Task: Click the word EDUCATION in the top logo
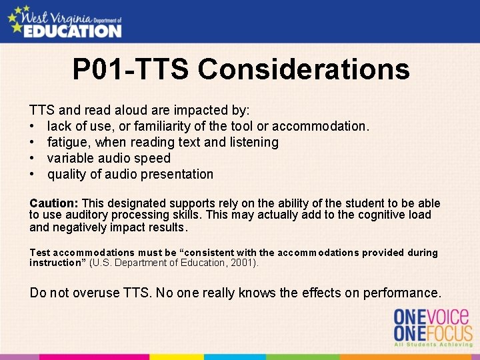tap(73, 30)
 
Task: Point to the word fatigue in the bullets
tap(69, 142)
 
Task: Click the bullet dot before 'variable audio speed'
tap(32, 159)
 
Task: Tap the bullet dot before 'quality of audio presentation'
tap(32, 175)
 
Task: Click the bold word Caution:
tap(54, 203)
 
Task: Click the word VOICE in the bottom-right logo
tap(450, 316)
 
